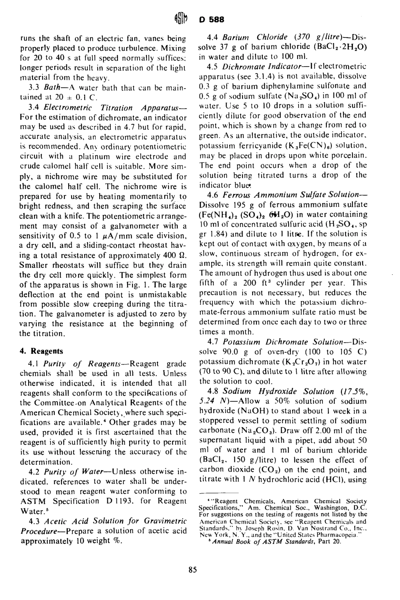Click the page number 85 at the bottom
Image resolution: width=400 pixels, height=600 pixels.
[193, 571]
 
